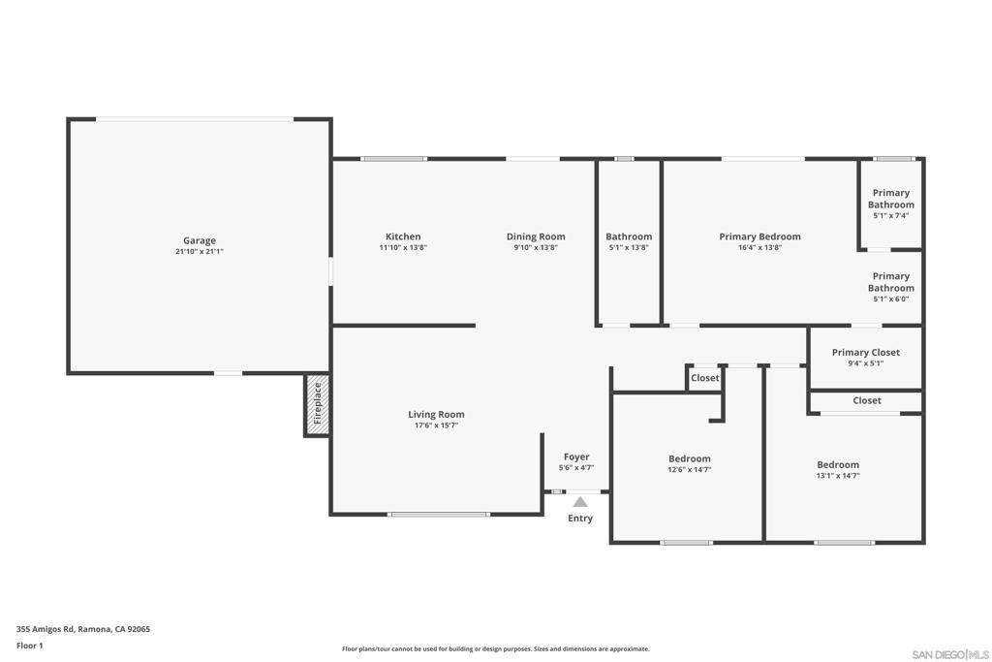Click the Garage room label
tap(200, 240)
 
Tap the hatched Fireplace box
tap(317, 404)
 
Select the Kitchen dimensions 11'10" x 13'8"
tap(403, 247)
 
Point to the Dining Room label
tap(536, 236)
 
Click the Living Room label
tap(436, 415)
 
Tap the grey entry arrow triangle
tap(580, 502)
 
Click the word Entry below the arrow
tap(580, 519)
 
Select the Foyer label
tap(576, 457)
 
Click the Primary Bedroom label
tap(759, 236)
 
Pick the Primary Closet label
tap(865, 353)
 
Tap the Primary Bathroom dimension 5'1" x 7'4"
tap(891, 216)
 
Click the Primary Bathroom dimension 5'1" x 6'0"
tap(891, 299)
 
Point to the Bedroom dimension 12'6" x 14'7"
tap(690, 469)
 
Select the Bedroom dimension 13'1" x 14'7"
tap(838, 475)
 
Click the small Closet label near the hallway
tap(705, 378)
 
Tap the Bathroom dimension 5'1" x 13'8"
tap(628, 247)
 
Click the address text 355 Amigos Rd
tap(46, 629)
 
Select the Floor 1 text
tap(30, 646)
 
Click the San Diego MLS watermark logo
tap(950, 654)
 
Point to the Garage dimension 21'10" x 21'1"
tap(200, 251)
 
